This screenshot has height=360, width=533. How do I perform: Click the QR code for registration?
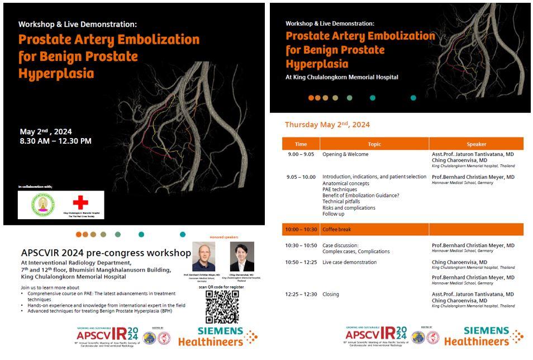click(222, 306)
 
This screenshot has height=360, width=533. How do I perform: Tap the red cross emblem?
click(80, 202)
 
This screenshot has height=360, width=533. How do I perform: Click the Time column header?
click(301, 144)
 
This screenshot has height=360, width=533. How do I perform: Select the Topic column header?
click(374, 144)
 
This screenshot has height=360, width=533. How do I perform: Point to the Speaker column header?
click(476, 144)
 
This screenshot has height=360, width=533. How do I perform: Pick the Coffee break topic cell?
click(337, 229)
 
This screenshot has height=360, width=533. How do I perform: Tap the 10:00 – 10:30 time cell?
click(300, 229)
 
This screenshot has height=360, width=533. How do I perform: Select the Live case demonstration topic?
click(349, 262)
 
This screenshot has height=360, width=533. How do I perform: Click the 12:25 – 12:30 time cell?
click(301, 294)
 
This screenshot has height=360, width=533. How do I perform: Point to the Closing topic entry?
click(331, 294)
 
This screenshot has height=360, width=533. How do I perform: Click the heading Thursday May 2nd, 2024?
click(327, 125)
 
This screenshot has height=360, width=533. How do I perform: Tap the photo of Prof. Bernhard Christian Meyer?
click(203, 257)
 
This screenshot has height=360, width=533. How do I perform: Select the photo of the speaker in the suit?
click(242, 257)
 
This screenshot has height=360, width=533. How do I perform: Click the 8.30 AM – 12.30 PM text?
click(55, 141)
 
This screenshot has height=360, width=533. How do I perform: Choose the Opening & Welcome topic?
click(345, 154)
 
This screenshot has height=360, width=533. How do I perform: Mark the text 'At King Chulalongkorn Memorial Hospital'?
click(342, 77)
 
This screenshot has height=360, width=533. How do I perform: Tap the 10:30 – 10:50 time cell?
click(301, 245)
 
